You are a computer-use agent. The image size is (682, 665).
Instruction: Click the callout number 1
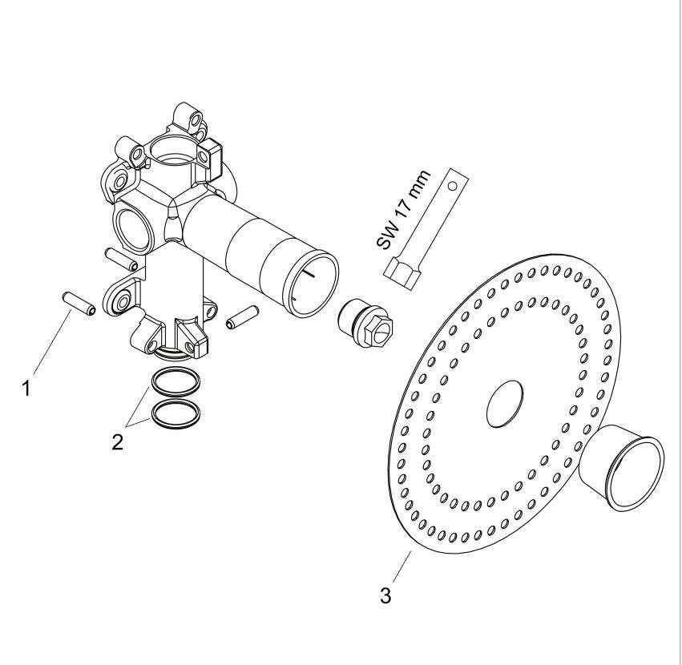pos(26,388)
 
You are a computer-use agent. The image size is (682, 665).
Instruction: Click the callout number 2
pos(118,442)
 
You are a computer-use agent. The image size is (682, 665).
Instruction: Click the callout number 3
pos(385,595)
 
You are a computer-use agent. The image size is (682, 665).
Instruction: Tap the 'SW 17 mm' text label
pos(402,210)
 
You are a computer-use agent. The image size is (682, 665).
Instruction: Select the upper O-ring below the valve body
pos(176,382)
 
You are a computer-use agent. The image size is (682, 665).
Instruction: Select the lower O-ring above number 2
pos(176,415)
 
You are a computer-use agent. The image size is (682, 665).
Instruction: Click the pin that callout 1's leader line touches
pos(79,304)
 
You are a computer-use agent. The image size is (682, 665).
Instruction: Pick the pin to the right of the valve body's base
pos(242,317)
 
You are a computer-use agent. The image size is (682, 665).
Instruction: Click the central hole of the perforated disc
pos(505,405)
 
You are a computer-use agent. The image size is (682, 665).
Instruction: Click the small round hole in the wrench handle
pos(453,186)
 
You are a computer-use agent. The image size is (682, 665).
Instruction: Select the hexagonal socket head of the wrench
pos(402,273)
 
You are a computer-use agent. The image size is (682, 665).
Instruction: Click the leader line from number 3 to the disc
pos(402,567)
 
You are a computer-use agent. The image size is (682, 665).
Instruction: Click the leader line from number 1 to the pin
pos(51,342)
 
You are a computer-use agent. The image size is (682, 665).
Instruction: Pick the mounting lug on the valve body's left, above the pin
pos(121,298)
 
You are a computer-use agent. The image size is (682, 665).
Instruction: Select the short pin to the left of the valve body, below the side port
pos(122,259)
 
